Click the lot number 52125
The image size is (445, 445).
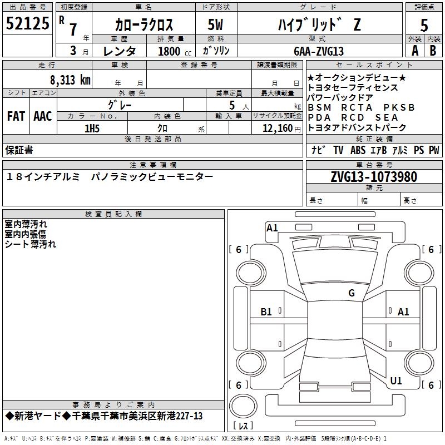(x=27, y=23)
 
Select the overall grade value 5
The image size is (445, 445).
(x=424, y=25)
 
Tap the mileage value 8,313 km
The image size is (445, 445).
(x=70, y=80)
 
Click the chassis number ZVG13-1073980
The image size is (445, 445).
(x=374, y=176)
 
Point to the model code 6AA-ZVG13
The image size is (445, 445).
(x=319, y=51)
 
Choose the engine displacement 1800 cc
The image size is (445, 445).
(x=175, y=51)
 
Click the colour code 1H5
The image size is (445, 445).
(x=92, y=128)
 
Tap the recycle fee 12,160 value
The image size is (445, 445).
(x=278, y=128)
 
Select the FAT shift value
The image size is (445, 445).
(x=16, y=116)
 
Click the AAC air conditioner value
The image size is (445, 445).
(x=43, y=116)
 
